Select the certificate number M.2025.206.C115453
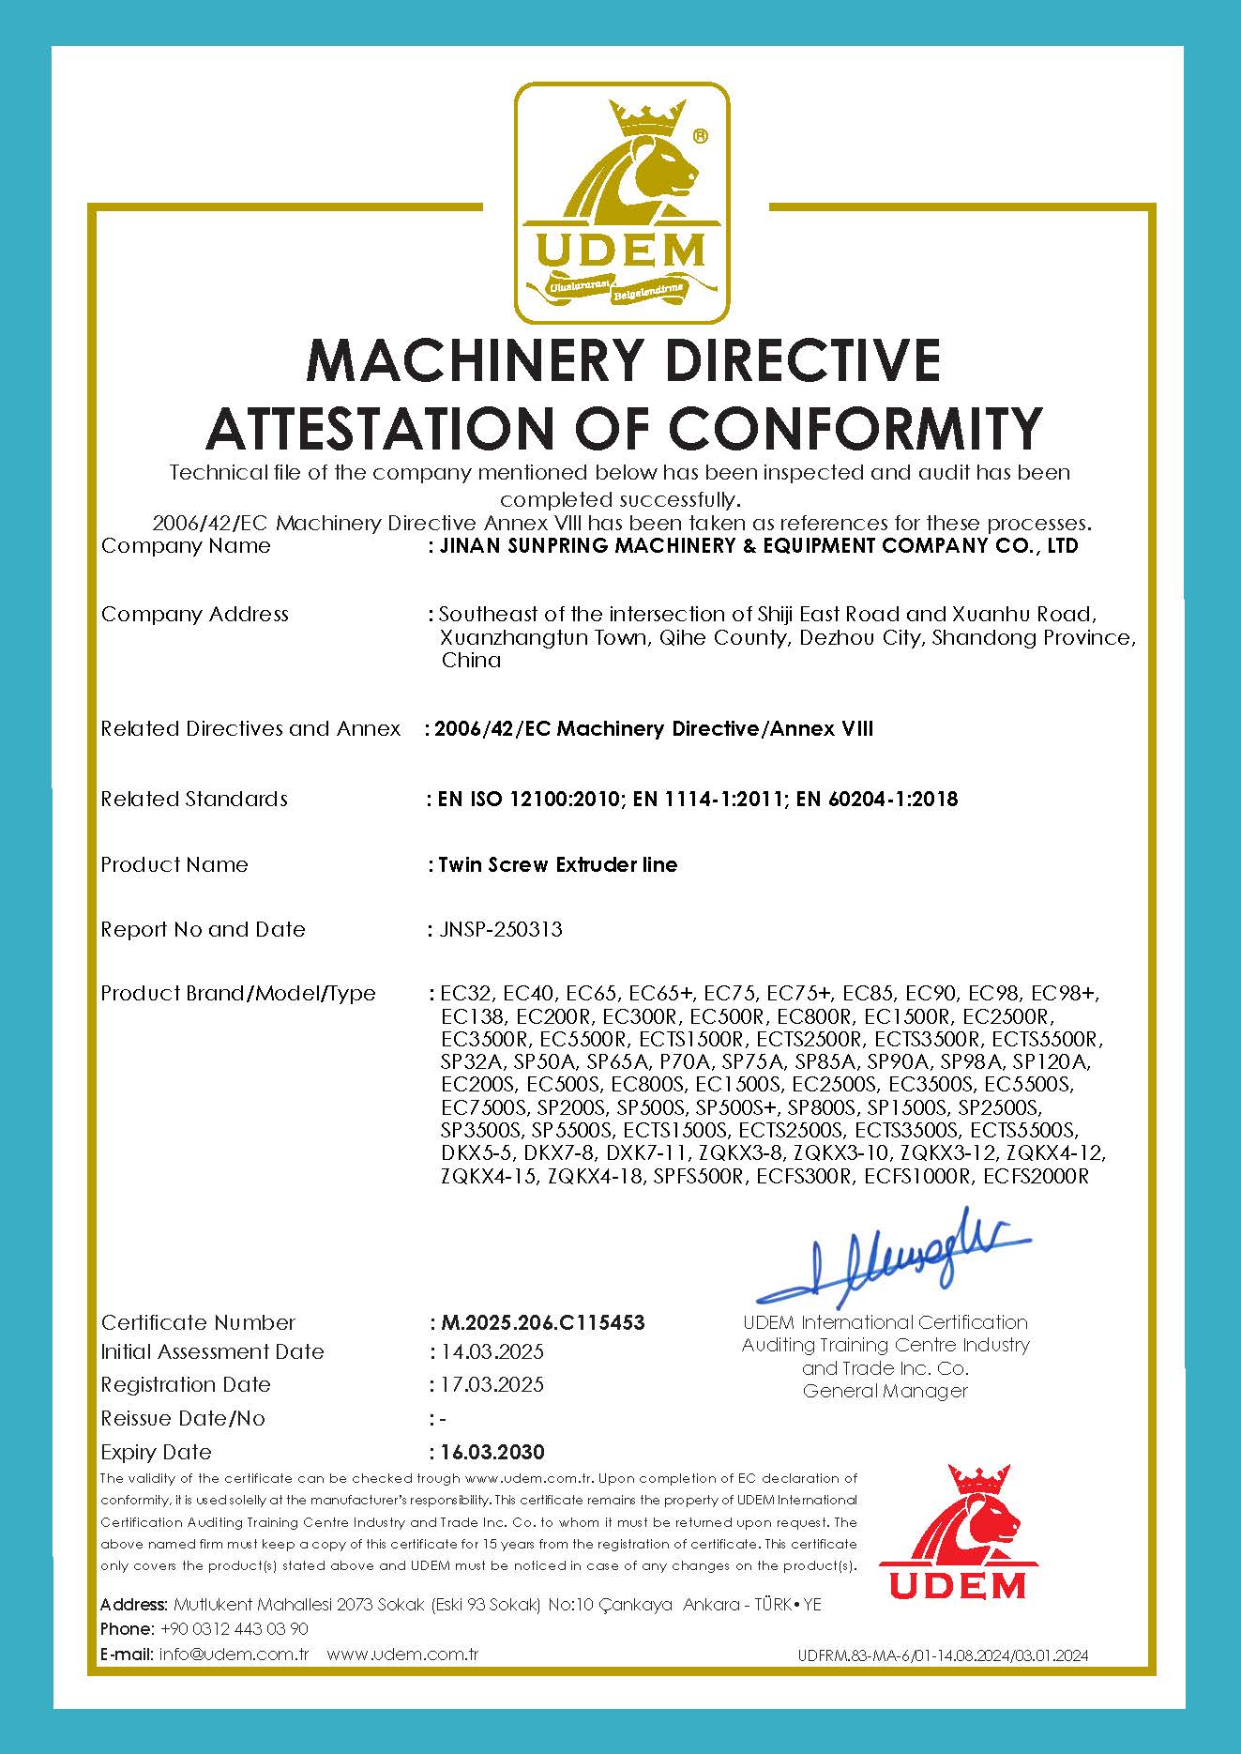coord(542,1322)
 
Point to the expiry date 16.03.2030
coord(492,1452)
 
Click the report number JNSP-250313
coord(501,929)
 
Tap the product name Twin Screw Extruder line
coord(557,864)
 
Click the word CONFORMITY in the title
coord(855,428)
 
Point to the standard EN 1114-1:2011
coord(709,799)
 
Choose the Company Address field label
coord(194,614)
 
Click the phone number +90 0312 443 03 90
coord(235,1628)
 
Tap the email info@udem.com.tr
coord(235,1654)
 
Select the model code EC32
coord(465,993)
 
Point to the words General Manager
coord(885,1391)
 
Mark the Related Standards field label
coord(194,799)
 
